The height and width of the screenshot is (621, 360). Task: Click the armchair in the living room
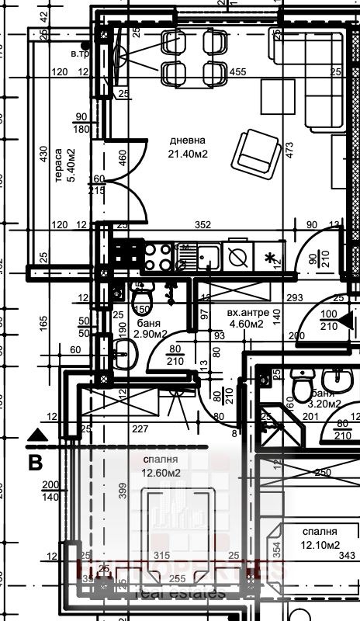[257, 151]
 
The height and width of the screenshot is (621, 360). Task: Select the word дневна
[189, 141]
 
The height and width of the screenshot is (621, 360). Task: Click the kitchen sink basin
[207, 255]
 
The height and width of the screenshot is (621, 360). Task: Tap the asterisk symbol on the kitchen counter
[270, 257]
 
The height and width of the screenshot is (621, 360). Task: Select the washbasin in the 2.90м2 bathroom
[125, 356]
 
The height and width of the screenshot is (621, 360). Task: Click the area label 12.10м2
[320, 545]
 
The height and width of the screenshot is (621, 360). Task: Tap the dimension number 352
[202, 225]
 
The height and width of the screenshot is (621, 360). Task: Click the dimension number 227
[140, 428]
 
